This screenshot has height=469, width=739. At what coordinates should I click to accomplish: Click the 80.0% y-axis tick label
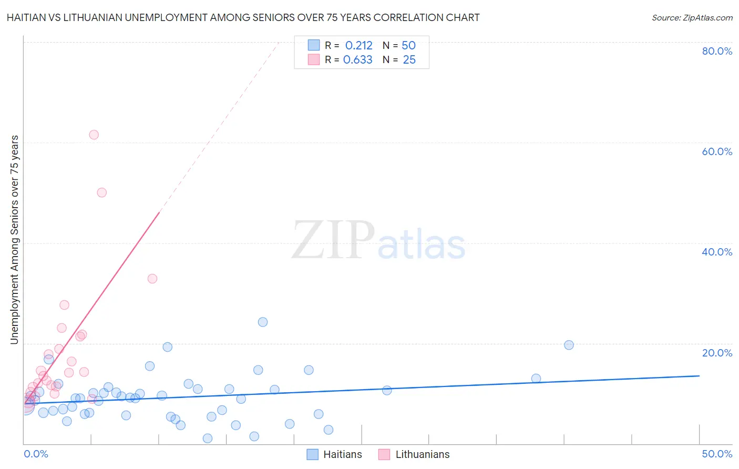(x=717, y=51)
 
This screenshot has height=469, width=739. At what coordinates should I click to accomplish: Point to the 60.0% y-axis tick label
(x=717, y=151)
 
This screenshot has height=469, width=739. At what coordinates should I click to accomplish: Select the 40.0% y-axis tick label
(x=717, y=252)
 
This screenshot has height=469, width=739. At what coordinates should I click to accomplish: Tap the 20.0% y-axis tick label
(x=717, y=352)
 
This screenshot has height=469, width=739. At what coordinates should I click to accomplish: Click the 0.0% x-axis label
(x=36, y=454)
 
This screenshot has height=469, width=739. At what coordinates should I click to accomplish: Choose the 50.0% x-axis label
(x=717, y=454)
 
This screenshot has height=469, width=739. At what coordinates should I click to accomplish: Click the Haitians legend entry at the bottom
(x=335, y=454)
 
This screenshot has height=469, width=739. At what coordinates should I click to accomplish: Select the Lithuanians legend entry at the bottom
(x=415, y=454)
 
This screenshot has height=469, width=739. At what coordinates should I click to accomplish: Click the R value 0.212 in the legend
(x=358, y=46)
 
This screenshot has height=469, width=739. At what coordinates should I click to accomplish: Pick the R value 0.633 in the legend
(x=357, y=60)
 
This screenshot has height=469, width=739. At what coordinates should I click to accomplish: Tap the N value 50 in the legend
(x=408, y=46)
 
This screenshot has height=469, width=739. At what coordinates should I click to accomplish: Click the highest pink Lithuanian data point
(x=94, y=135)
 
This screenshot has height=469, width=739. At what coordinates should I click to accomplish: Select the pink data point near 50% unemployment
(x=102, y=192)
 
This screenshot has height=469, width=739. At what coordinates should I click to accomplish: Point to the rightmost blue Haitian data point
(x=569, y=345)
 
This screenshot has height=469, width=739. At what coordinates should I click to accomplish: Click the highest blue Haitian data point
(x=263, y=322)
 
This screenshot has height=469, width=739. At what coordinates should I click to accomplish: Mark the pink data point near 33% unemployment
(x=152, y=279)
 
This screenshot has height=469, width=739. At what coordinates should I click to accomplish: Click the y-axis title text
(x=14, y=240)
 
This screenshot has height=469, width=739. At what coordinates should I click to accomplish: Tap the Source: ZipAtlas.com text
(x=692, y=18)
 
